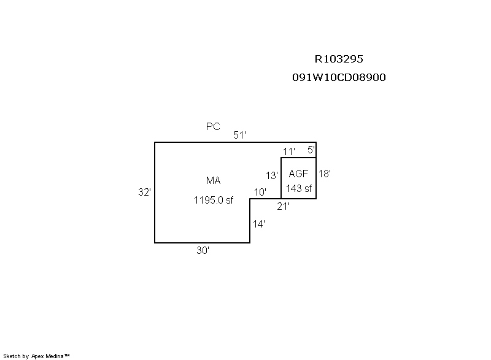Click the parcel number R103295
click(339, 59)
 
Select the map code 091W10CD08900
click(339, 78)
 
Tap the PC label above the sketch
click(213, 127)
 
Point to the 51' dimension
click(239, 135)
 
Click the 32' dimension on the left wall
click(144, 192)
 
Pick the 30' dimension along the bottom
click(203, 250)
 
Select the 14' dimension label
click(259, 224)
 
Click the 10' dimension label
click(260, 192)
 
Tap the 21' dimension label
click(283, 207)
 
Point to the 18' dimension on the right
click(325, 174)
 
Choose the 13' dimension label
click(272, 175)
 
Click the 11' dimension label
click(289, 151)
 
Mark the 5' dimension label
click(311, 150)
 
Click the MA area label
click(213, 180)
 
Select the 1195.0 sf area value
click(214, 200)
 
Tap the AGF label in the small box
click(298, 174)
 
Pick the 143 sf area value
click(299, 188)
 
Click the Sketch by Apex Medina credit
click(36, 355)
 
